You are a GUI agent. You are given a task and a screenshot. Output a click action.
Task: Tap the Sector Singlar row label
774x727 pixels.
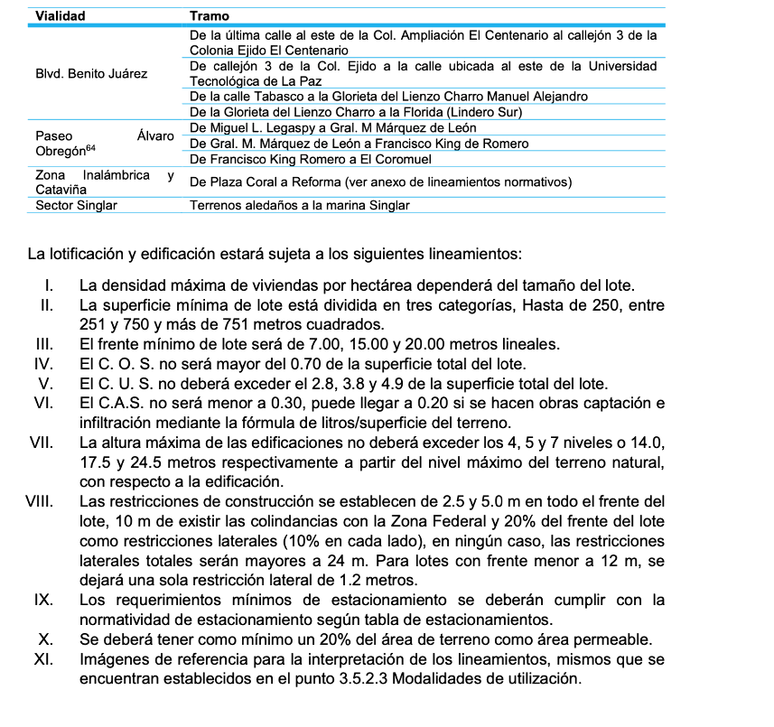[x=76, y=205]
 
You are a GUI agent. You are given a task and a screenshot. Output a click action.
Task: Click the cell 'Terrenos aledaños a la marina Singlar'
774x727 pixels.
[x=299, y=205]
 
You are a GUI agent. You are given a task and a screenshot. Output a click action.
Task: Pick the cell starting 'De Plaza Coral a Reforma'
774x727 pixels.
[x=380, y=182]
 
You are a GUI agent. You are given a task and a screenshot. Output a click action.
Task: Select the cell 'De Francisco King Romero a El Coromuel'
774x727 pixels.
[x=311, y=159]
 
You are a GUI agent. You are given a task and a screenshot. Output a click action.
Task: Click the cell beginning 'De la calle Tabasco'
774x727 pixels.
[x=388, y=96]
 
